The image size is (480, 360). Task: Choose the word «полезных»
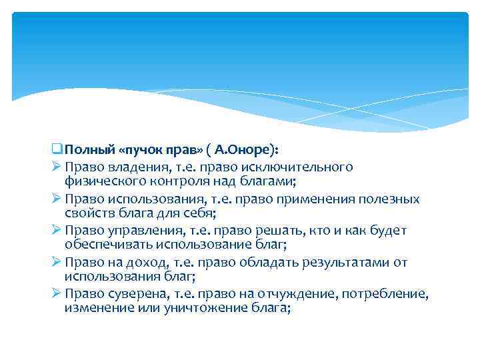(x=390, y=199)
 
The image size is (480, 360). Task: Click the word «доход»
(x=134, y=263)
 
